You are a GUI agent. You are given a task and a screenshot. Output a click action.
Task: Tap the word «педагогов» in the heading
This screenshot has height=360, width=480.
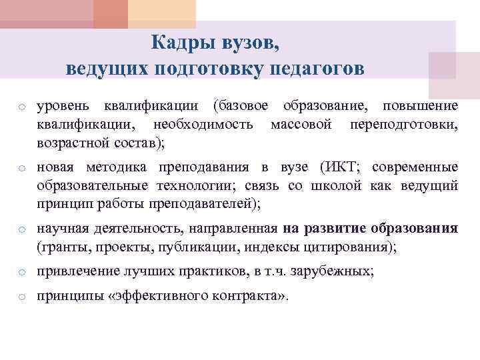pos(319,69)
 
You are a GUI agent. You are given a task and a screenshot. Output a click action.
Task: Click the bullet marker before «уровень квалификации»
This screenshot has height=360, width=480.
pos(22,107)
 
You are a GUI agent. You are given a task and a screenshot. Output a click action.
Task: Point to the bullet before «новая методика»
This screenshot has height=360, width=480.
pos(22,168)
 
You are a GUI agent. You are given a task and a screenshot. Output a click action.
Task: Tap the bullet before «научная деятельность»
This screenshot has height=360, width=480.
pos(22,230)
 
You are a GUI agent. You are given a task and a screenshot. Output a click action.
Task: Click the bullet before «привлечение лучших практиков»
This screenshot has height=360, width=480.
pos(22,273)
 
